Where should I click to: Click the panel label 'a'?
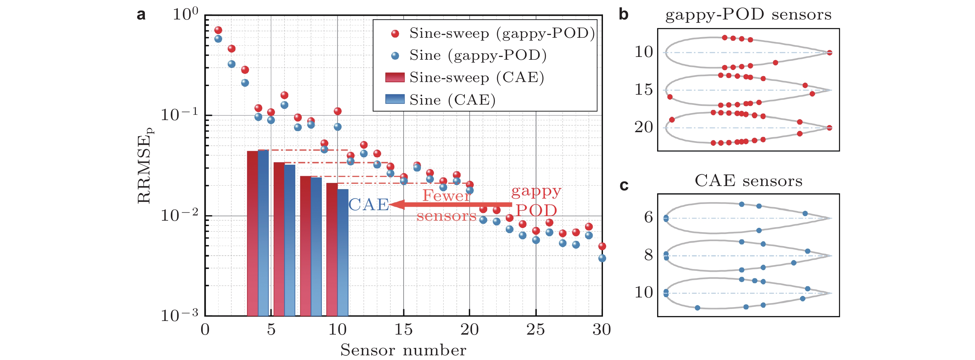pyautogui.click(x=141, y=15)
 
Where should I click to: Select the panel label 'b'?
pyautogui.click(x=623, y=15)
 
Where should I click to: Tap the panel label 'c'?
pyautogui.click(x=624, y=185)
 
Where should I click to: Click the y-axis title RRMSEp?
pyautogui.click(x=145, y=165)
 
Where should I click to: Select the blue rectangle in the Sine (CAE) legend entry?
pyautogui.click(x=395, y=99)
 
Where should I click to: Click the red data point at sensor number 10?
pyautogui.click(x=338, y=111)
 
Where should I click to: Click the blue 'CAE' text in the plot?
pyautogui.click(x=368, y=205)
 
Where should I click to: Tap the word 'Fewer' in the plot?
pyautogui.click(x=446, y=196)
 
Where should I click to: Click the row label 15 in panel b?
pyautogui.click(x=643, y=90)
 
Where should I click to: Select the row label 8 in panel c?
pyautogui.click(x=648, y=255)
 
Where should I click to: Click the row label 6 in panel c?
pyautogui.click(x=648, y=217)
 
